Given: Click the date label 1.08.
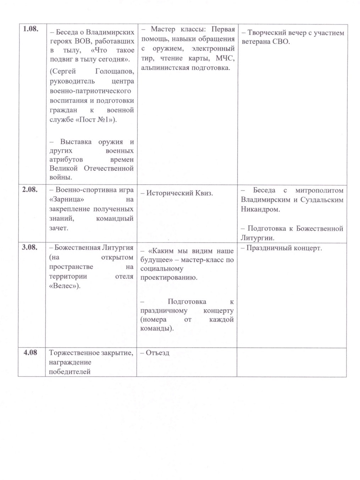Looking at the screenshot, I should tap(31, 29).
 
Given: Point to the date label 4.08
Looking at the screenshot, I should tap(30, 352).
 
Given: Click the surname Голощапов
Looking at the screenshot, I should tap(115, 72).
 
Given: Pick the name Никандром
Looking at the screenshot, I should tap(260, 209).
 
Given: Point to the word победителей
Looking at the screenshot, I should tap(70, 372).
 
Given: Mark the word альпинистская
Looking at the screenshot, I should tap(165, 68).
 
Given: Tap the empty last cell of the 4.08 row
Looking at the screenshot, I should tap(292, 362).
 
